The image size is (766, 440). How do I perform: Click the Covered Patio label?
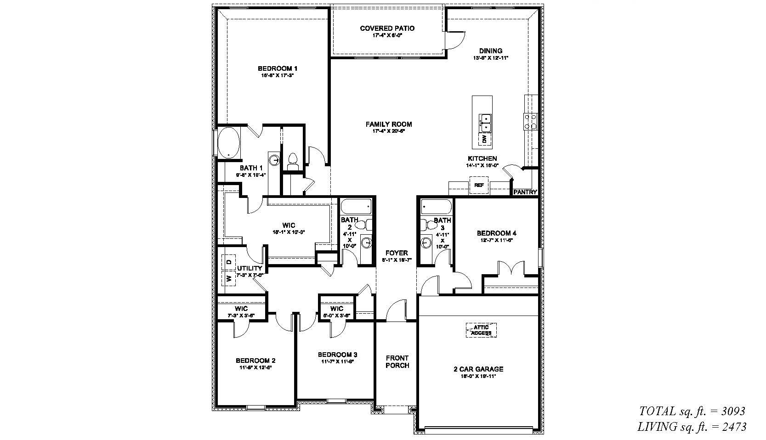[x=387, y=28]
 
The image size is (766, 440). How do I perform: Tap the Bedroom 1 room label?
[x=277, y=68]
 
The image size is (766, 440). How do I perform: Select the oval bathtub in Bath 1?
[x=228, y=142]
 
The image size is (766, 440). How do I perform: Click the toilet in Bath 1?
[x=292, y=161]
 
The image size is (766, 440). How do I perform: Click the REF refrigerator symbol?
[x=479, y=185]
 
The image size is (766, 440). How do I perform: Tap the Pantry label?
[x=525, y=192]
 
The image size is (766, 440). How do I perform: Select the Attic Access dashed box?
[x=481, y=330]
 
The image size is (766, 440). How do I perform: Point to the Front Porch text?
[x=397, y=361]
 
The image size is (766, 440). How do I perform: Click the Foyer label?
[x=397, y=253]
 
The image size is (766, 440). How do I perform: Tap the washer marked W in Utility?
[x=228, y=277]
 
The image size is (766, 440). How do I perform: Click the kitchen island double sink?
[x=485, y=122]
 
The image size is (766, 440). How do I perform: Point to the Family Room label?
[x=388, y=124]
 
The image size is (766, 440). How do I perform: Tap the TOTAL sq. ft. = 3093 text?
[x=692, y=411]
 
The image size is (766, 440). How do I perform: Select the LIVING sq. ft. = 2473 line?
[x=692, y=427]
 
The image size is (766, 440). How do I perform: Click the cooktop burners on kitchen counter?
[x=530, y=121]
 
